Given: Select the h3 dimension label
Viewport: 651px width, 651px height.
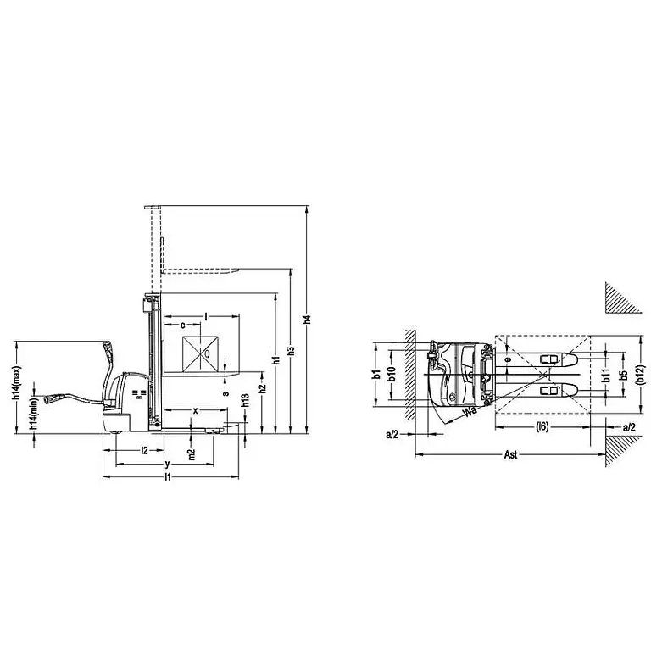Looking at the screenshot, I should [x=291, y=350].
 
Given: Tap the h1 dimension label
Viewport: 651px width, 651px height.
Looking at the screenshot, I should [x=275, y=361].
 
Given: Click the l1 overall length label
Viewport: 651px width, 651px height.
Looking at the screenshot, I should [x=169, y=478].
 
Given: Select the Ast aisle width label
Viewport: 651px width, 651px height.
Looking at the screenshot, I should [x=510, y=455].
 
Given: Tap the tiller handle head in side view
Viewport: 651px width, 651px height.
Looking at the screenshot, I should [x=108, y=348].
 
